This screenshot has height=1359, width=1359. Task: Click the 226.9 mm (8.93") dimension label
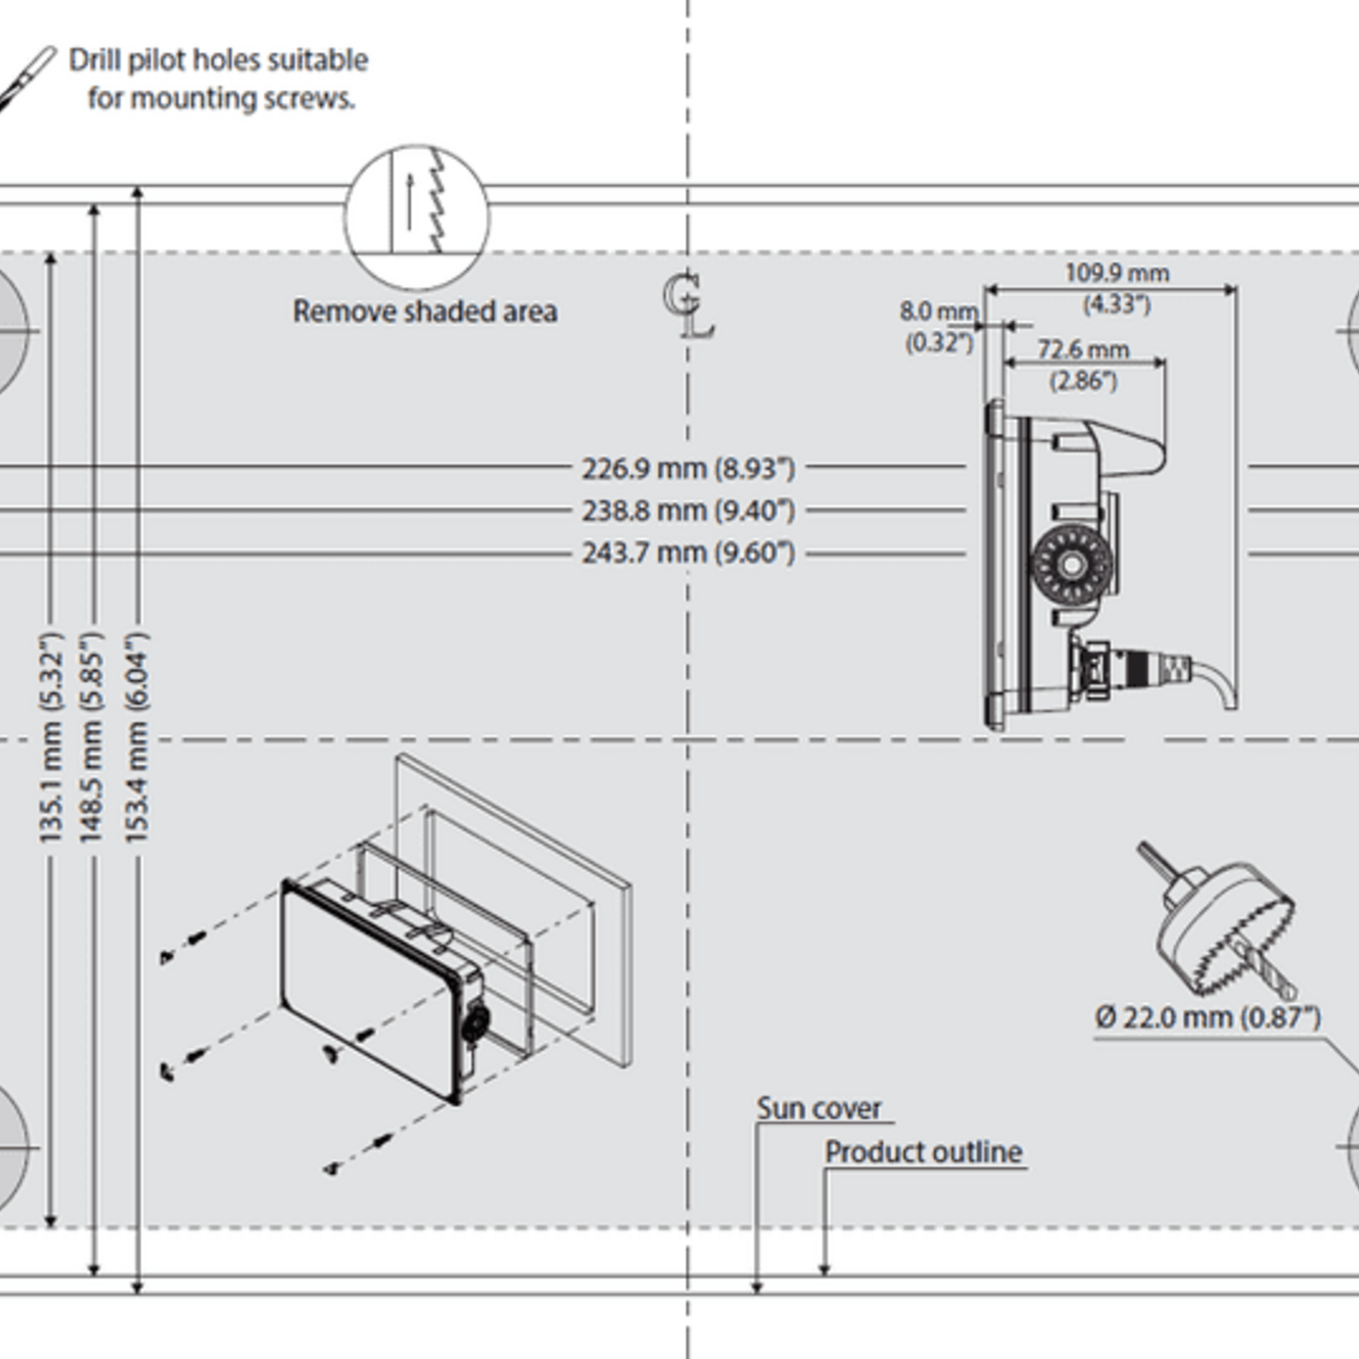tap(688, 469)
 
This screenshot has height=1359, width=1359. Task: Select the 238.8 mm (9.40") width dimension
tap(688, 511)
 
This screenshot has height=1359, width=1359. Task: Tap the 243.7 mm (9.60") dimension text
tap(688, 552)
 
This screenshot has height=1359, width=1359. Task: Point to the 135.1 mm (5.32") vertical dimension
tap(51, 737)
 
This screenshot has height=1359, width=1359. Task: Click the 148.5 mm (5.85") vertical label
tap(91, 737)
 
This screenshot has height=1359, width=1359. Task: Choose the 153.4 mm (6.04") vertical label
tap(136, 737)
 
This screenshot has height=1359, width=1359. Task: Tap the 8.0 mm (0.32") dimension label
tap(939, 326)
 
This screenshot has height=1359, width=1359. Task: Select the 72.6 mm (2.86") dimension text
tap(1083, 364)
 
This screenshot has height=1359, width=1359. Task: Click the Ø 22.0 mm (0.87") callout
tap(1207, 1018)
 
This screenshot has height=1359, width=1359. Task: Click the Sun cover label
tap(819, 1108)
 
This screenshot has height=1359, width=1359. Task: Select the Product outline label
tap(923, 1152)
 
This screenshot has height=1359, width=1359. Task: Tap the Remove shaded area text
tap(424, 311)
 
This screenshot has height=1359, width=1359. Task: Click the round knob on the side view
tap(1071, 565)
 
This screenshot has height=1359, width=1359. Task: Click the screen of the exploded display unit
tap(366, 987)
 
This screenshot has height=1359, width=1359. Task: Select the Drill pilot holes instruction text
tap(219, 79)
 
